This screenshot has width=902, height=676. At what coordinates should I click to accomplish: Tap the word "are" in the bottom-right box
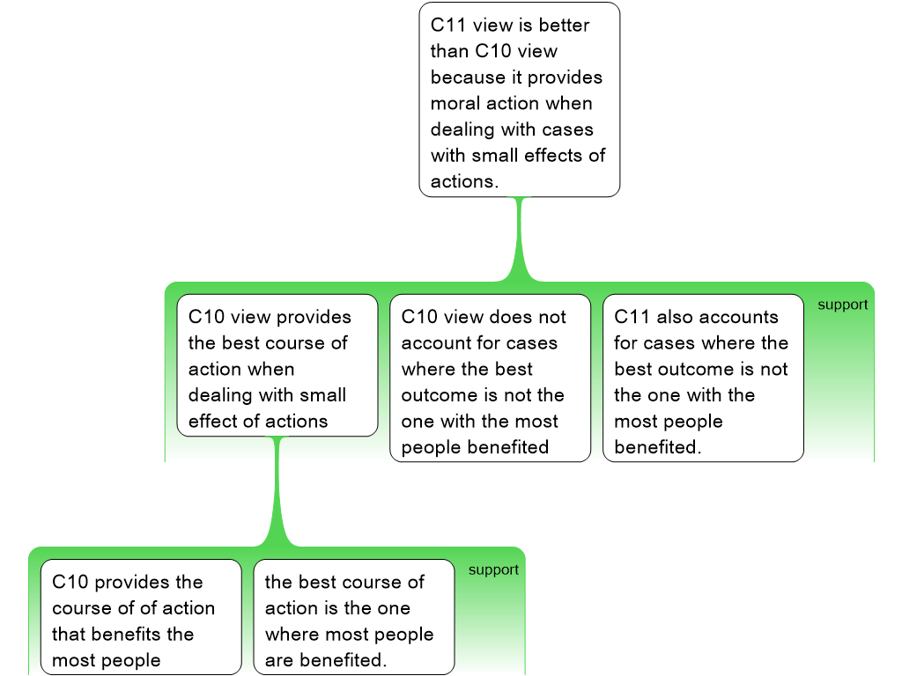[x=278, y=660]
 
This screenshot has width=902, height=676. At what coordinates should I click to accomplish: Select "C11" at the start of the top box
[x=448, y=26]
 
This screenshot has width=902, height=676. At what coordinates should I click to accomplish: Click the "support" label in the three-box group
[x=842, y=305]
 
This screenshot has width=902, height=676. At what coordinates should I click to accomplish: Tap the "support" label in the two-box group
[x=493, y=570]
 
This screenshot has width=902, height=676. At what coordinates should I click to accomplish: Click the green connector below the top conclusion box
[x=519, y=242]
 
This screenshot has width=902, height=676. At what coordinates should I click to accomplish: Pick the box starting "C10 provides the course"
[x=141, y=616]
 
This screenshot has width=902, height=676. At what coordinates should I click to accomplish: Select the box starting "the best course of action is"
[x=354, y=616]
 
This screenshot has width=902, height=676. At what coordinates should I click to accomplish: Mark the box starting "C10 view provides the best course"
[x=277, y=364]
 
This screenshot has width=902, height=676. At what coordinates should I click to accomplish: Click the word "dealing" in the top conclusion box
[x=463, y=129]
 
